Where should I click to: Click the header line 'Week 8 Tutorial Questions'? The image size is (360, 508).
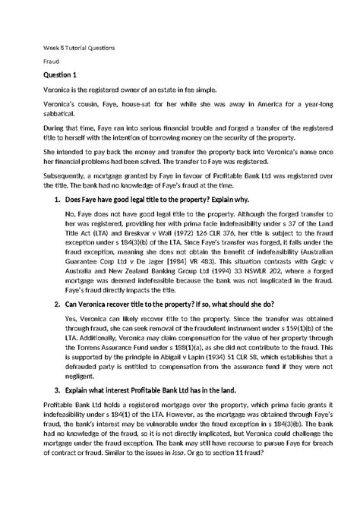(78, 48)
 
